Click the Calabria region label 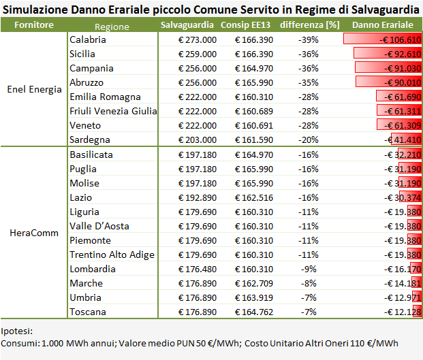click(x=88, y=39)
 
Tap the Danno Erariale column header click(x=382, y=25)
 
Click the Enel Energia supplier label click(x=34, y=90)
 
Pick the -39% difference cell click(x=309, y=39)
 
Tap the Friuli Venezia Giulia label click(x=113, y=111)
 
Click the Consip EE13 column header click(x=247, y=25)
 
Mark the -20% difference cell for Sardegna click(x=309, y=140)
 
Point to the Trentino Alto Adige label click(x=112, y=255)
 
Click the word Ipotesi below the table click(x=17, y=331)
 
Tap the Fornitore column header click(x=34, y=25)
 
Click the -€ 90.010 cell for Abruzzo click(x=399, y=82)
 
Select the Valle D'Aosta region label click(x=99, y=226)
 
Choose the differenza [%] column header click(x=309, y=25)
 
